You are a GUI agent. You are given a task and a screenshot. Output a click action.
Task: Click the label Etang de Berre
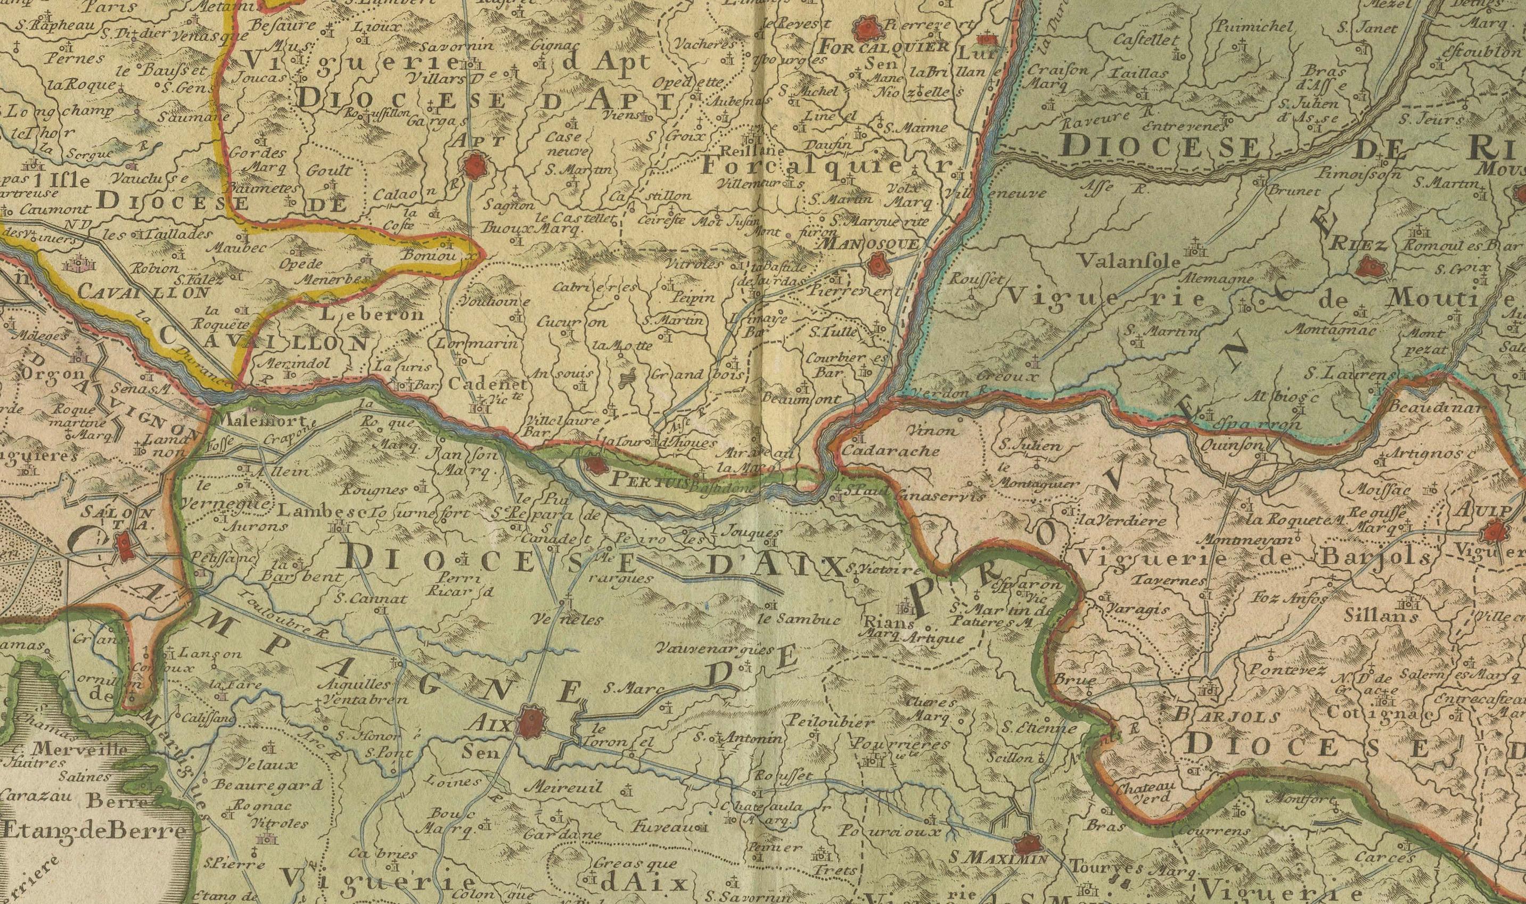coord(94,832)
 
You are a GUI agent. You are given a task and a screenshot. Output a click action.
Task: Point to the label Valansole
coord(1128,261)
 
